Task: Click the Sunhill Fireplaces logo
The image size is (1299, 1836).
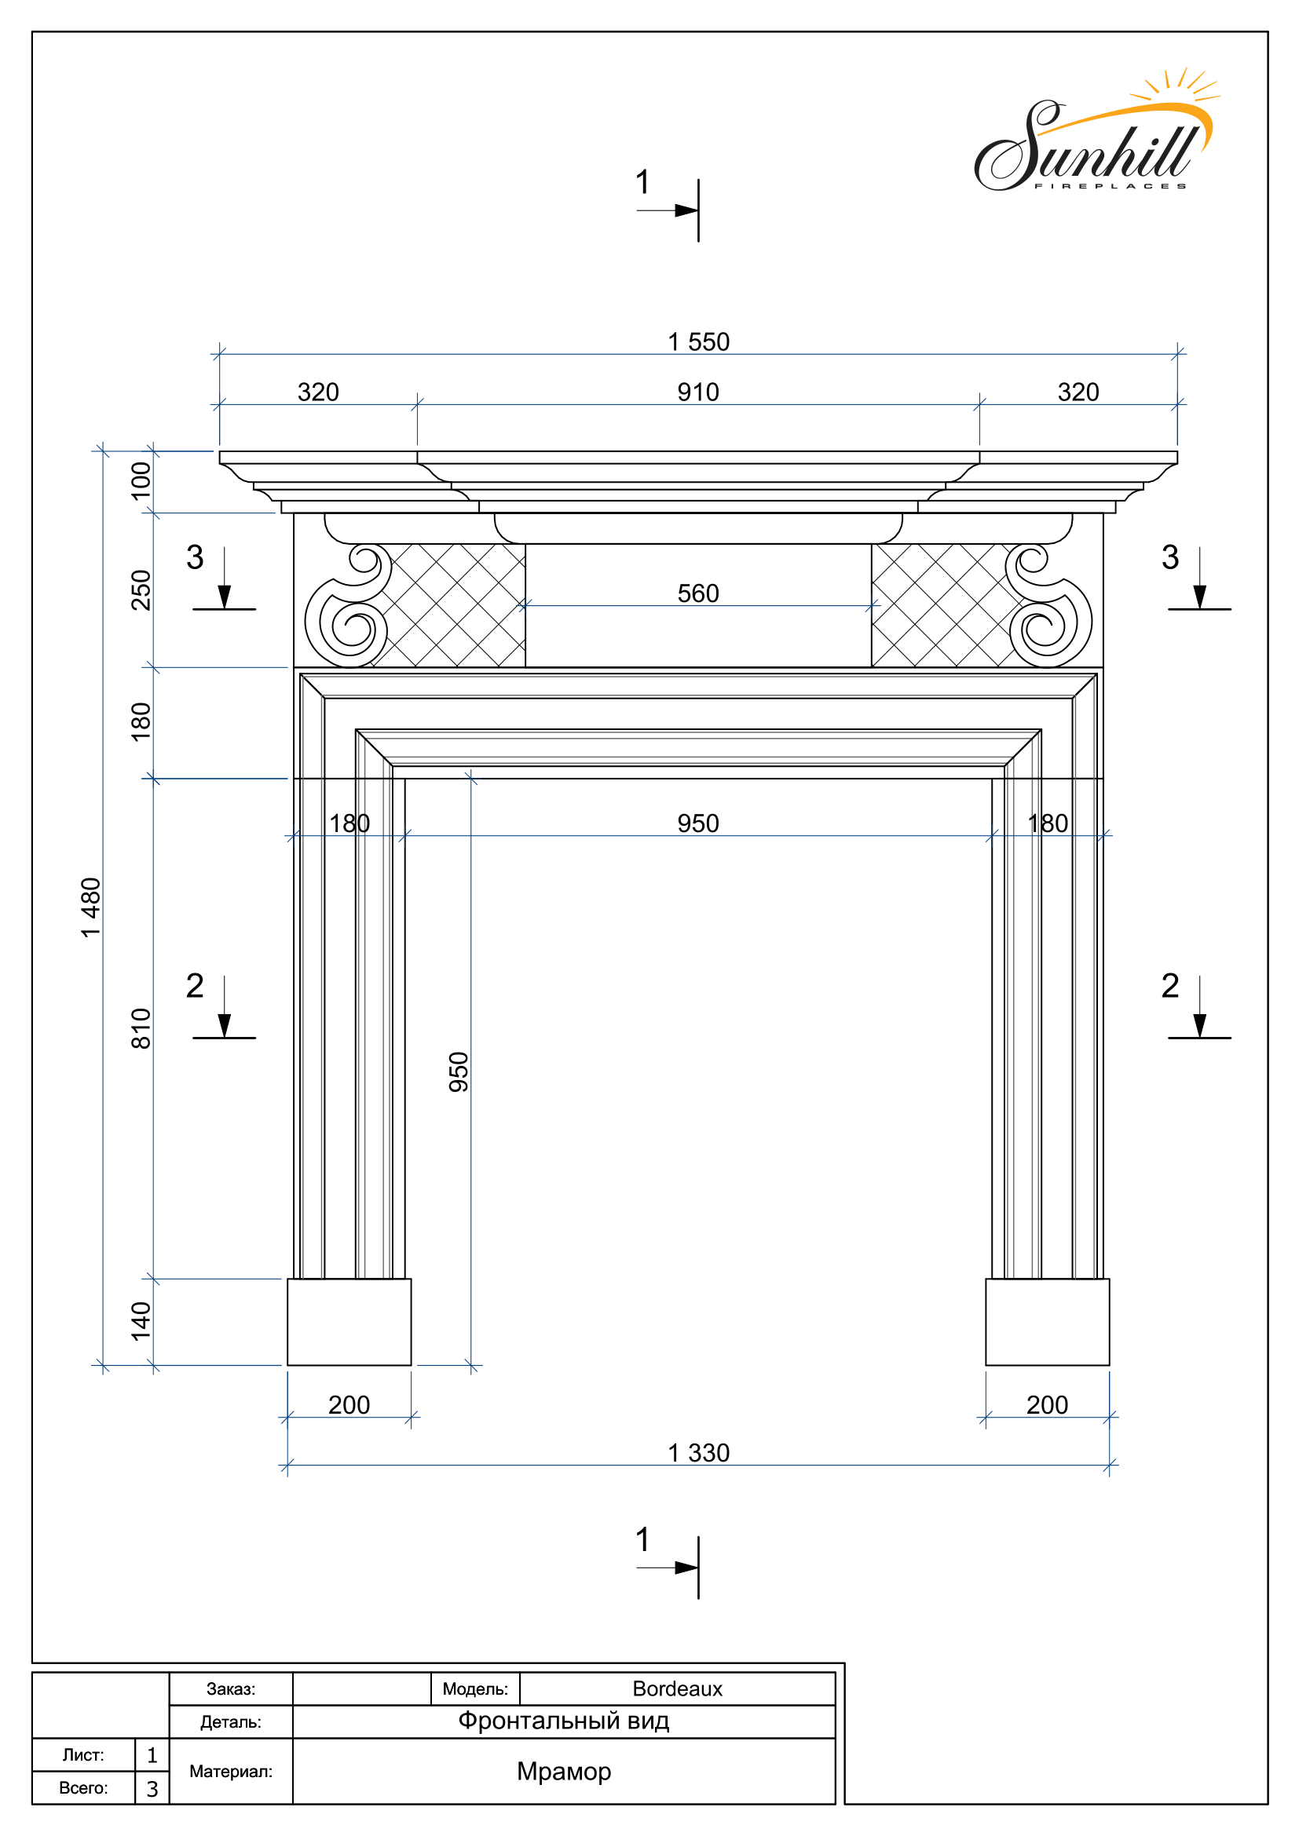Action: tap(1096, 132)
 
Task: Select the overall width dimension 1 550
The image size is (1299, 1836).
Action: tap(698, 342)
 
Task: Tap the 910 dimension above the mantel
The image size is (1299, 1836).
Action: tap(698, 392)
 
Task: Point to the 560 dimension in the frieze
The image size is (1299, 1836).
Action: tap(698, 594)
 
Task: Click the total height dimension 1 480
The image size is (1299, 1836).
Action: tap(91, 907)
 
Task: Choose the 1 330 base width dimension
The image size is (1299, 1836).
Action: tap(698, 1453)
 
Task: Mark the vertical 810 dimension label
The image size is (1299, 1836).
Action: tap(141, 1028)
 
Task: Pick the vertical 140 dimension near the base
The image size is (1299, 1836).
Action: tap(141, 1321)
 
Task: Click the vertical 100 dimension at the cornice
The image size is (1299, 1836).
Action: tap(141, 481)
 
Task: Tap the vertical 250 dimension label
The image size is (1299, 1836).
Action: tap(141, 590)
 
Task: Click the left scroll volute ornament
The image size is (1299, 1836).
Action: tap(349, 606)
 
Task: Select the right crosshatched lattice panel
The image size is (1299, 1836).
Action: tap(944, 605)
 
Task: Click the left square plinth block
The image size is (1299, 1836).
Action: tap(349, 1322)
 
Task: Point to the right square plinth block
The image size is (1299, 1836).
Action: tap(1047, 1322)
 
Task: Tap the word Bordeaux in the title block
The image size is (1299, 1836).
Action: tap(678, 1689)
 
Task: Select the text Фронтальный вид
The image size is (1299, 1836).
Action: tap(563, 1721)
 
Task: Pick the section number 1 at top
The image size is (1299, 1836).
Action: tap(642, 182)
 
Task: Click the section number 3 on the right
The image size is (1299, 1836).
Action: tap(1170, 557)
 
